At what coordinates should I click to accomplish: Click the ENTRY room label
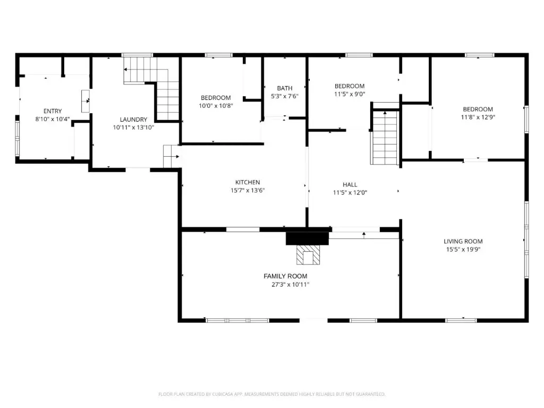point(53,111)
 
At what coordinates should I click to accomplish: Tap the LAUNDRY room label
point(133,120)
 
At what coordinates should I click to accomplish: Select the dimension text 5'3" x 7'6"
point(285,96)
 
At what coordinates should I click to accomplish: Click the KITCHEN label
point(248,182)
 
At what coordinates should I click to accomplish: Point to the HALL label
point(350,184)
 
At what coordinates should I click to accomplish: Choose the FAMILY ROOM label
point(285,276)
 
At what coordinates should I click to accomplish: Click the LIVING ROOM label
point(463,241)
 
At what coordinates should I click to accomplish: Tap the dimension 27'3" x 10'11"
point(291,285)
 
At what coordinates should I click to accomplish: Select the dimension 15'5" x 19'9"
point(463,250)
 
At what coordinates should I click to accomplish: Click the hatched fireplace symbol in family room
point(308,255)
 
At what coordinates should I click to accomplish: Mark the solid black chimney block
point(308,239)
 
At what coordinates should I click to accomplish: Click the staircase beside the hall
point(385,137)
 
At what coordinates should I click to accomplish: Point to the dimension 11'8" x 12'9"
point(478,117)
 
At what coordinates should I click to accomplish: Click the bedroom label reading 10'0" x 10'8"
point(216,106)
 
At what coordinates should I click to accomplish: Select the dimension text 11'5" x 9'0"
point(350,94)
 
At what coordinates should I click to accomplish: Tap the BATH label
point(285,88)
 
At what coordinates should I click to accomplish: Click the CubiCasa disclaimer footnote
point(272,394)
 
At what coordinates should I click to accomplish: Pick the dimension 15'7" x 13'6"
point(248,191)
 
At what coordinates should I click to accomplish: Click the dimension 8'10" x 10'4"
point(53,120)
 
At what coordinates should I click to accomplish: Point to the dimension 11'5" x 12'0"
point(350,193)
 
